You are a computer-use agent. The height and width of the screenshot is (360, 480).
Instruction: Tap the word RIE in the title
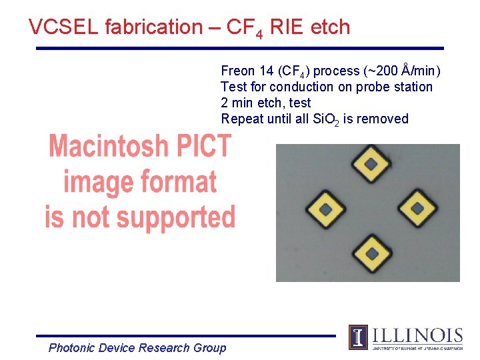(x=289, y=27)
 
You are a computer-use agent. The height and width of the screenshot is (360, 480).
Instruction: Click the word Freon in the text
(x=238, y=71)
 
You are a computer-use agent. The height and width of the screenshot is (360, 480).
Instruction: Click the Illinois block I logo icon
(x=358, y=337)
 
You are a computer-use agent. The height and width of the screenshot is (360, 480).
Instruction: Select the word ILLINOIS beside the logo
(x=417, y=335)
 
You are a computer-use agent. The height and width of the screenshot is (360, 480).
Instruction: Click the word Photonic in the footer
(x=71, y=347)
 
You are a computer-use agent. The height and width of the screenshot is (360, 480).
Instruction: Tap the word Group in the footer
(x=209, y=347)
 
